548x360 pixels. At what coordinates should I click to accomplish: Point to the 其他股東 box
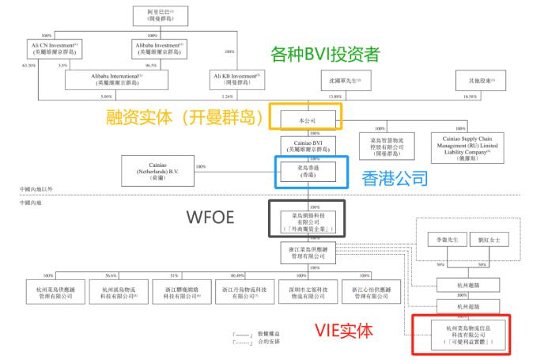tap(475, 81)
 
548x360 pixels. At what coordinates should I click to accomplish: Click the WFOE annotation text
tap(219, 217)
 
